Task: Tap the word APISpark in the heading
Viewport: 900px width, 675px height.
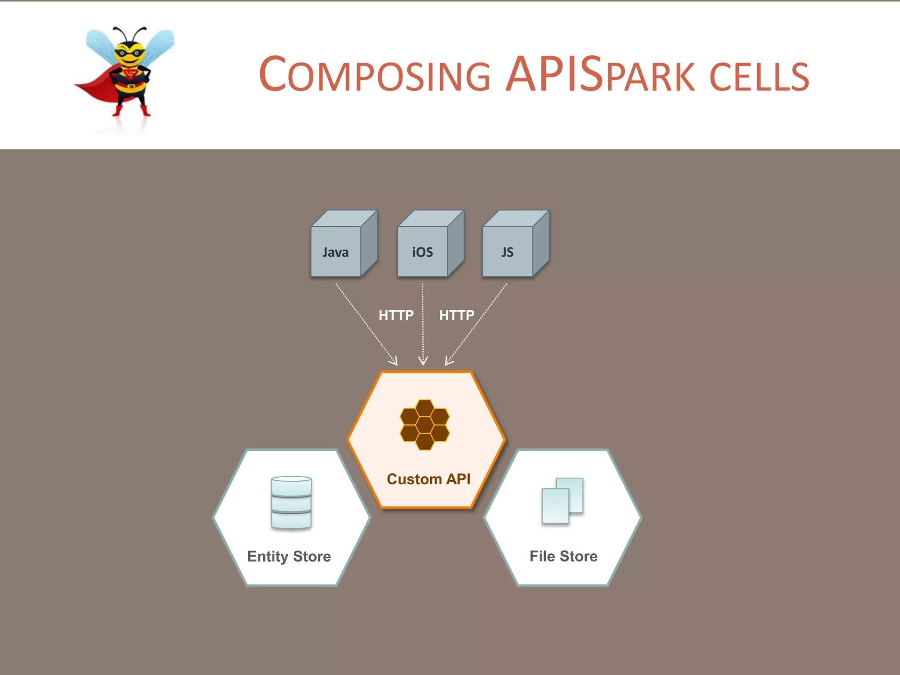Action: point(600,75)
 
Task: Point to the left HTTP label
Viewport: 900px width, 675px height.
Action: point(396,315)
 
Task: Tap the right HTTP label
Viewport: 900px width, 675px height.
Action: point(457,315)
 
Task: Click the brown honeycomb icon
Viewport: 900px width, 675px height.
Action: point(425,425)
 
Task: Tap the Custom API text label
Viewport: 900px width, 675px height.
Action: point(428,479)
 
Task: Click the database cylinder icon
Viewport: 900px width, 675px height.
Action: point(291,502)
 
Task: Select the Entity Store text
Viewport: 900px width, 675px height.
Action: point(289,556)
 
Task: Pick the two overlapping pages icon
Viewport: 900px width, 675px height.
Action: point(562,501)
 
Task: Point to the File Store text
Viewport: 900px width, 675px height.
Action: point(563,556)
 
